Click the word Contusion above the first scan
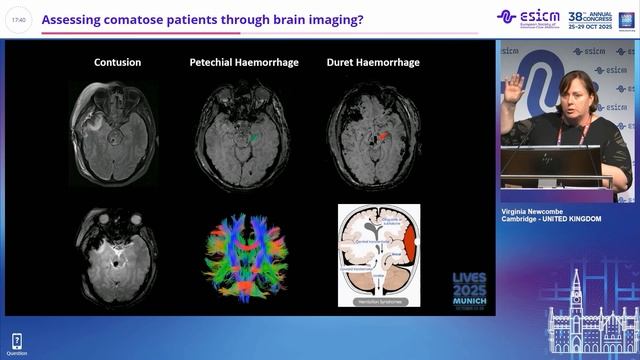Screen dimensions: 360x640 (117, 63)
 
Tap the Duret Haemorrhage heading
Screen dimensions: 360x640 (373, 63)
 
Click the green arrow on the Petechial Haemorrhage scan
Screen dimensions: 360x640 (257, 136)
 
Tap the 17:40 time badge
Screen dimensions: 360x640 (19, 19)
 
